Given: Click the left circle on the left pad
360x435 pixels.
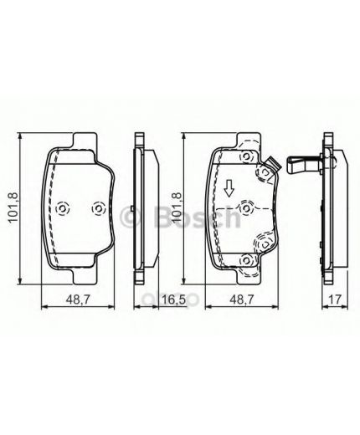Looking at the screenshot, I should [x=64, y=208].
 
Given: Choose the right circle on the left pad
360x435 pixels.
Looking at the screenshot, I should [x=97, y=208].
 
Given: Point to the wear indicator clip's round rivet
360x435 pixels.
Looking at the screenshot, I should [x=268, y=171].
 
